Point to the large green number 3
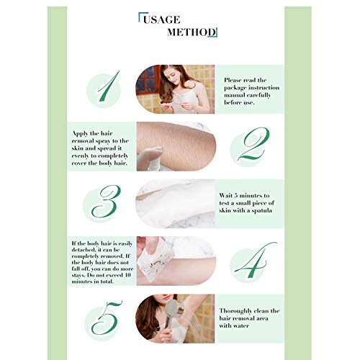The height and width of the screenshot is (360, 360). [x=107, y=203]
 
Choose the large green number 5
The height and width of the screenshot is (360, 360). [x=105, y=317]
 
